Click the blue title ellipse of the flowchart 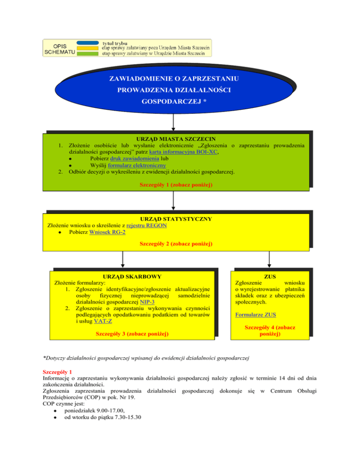point(173,89)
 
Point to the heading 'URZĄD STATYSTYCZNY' point(176,219)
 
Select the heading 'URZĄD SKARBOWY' point(132,277)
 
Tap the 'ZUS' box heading point(270,277)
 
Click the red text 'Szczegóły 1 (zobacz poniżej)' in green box point(176,185)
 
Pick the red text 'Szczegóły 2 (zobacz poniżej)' point(176,244)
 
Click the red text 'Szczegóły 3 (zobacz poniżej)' point(132,334)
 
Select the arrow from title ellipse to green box point(173,122)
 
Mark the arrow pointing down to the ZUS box point(269,259)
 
